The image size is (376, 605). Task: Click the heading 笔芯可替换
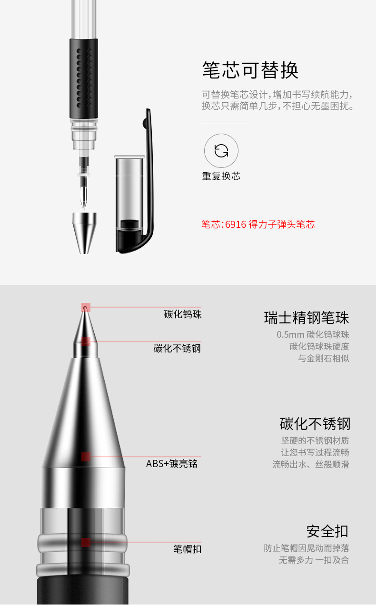pos(250,70)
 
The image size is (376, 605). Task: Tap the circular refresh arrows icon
pos(221,150)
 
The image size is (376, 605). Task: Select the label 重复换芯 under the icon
pos(221,176)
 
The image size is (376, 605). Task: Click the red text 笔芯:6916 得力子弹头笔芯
pos(258,224)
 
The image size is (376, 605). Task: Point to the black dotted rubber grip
pos(84,78)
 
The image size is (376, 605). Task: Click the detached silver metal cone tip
pos(84,233)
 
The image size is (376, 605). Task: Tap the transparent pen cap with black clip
pos(134,181)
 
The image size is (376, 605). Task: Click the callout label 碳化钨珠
pos(183,314)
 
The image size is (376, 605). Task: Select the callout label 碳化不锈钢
pos(178,349)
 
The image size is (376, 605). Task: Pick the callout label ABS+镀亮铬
pos(172,463)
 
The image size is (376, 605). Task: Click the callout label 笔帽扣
pos(188,549)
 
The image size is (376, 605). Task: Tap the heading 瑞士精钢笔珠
pos(307,317)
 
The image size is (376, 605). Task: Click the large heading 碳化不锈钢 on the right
pos(315,423)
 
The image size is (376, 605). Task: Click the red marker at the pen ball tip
pos(86,307)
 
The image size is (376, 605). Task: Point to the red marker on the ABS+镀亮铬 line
pos(86,457)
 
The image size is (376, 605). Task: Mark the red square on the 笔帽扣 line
pos(86,542)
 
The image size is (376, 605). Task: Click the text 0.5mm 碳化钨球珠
pos(313,335)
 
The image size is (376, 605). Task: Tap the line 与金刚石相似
pos(324,358)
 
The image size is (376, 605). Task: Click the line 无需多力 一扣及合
pos(314,560)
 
